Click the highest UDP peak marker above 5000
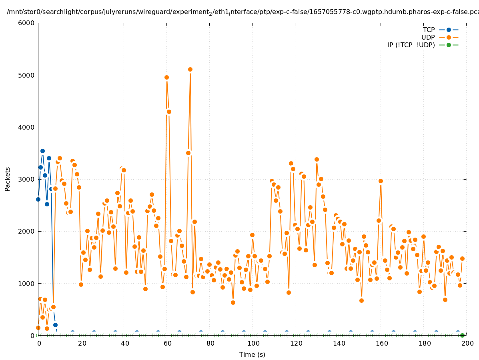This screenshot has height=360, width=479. [x=190, y=69]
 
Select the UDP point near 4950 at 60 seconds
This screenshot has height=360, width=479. [x=166, y=77]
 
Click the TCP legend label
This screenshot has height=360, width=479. [x=429, y=30]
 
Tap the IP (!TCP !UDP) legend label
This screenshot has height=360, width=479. [x=411, y=45]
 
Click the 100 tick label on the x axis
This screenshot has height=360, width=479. [x=253, y=344]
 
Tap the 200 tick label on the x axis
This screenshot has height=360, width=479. [x=467, y=344]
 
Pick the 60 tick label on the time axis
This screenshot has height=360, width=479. [x=167, y=344]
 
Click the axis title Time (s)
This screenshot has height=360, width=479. [x=252, y=354]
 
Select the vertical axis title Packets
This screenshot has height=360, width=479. [x=8, y=179]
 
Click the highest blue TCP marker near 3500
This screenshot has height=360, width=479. [x=42, y=151]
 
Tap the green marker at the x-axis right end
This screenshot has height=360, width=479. [x=462, y=335]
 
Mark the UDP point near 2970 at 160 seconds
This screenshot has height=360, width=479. [x=381, y=181]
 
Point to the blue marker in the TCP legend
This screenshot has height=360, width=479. [x=449, y=30]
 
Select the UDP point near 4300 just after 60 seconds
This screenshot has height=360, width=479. [x=169, y=112]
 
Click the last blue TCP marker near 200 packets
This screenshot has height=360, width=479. [x=55, y=325]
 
